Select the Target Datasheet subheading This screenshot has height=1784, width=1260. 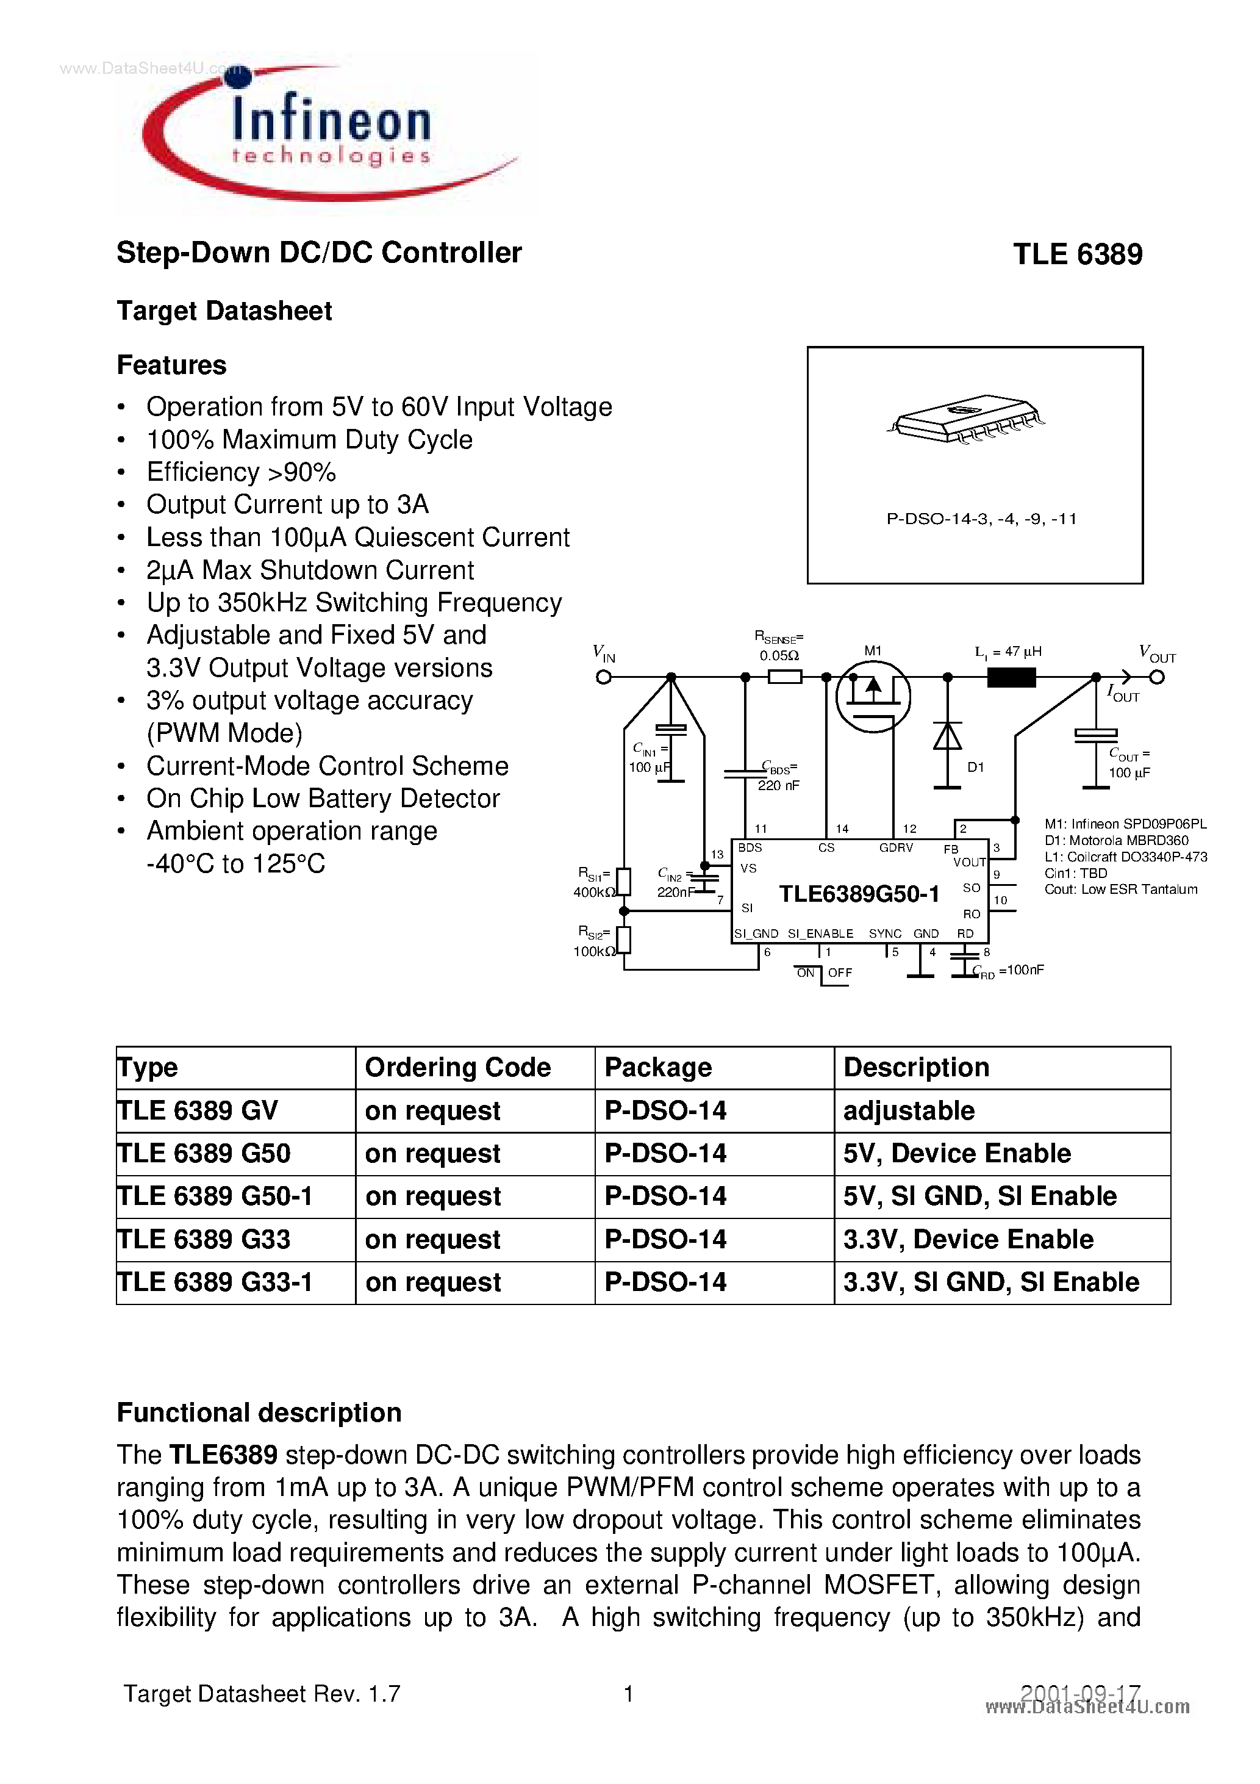tap(224, 311)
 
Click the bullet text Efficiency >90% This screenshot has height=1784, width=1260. tap(241, 472)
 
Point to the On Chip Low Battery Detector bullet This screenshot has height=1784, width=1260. tap(323, 799)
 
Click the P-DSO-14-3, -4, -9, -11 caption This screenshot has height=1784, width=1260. tap(981, 519)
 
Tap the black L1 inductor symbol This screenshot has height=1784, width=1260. tap(1011, 678)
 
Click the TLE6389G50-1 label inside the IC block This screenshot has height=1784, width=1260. tap(859, 894)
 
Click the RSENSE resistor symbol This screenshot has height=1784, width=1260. tap(784, 678)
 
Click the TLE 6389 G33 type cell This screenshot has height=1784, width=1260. tap(204, 1239)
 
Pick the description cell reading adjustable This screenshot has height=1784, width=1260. tap(908, 1111)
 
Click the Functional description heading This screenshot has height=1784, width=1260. tap(259, 1412)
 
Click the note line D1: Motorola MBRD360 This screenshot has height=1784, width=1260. tap(1115, 841)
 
